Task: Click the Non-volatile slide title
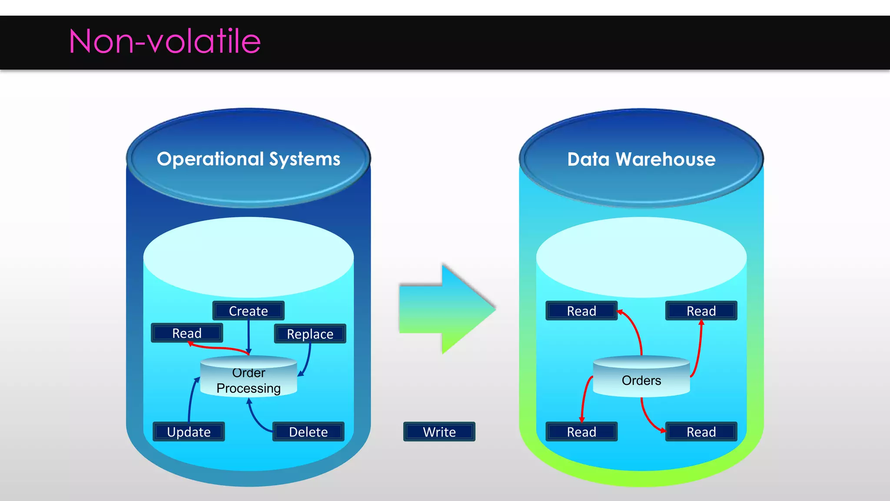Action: pyautogui.click(x=165, y=41)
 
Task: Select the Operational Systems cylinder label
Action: pyautogui.click(x=248, y=159)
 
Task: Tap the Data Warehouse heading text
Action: pyautogui.click(x=641, y=160)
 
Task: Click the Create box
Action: pyautogui.click(x=248, y=311)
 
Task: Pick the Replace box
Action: pyautogui.click(x=310, y=334)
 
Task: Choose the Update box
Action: pyautogui.click(x=189, y=432)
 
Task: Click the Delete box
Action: pyautogui.click(x=308, y=432)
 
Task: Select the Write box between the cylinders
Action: pyautogui.click(x=439, y=432)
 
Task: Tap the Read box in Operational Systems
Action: pyautogui.click(x=187, y=333)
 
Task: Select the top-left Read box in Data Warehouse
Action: pyautogui.click(x=581, y=311)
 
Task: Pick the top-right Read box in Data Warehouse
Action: pyautogui.click(x=701, y=311)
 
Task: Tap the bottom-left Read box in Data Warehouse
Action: pyautogui.click(x=581, y=432)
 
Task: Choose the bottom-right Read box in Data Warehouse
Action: pyautogui.click(x=701, y=432)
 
